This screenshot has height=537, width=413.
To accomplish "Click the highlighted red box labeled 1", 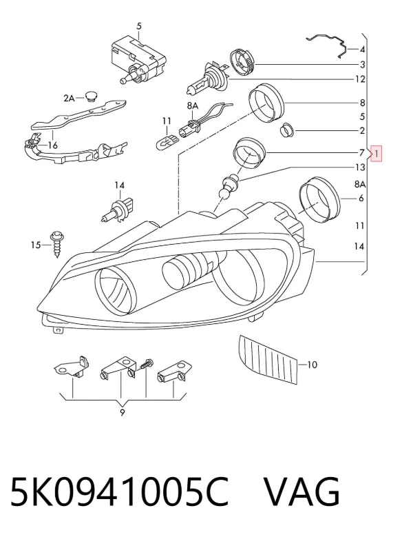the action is tap(376, 154).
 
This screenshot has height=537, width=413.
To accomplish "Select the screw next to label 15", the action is tap(56, 244).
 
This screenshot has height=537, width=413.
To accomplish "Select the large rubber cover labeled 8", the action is tap(266, 103).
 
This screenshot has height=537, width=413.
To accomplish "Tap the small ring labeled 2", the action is tap(286, 130).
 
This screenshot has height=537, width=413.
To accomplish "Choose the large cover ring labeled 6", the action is tap(319, 199).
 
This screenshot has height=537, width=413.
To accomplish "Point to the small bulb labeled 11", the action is tap(167, 141).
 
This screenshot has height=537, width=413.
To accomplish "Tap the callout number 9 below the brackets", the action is tap(122, 413).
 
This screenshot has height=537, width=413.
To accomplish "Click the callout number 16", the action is tap(52, 145).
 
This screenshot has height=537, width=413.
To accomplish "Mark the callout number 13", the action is tap(361, 167).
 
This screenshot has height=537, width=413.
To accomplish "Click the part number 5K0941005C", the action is tap(119, 492).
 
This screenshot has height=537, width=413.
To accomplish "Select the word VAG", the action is tap(302, 492).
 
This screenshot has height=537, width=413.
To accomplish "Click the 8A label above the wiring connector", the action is tap(193, 106).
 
